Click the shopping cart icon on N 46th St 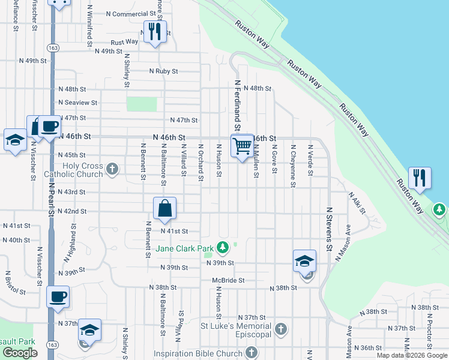242,145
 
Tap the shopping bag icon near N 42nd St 164,209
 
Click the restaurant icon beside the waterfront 420,178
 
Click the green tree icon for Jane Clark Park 223,247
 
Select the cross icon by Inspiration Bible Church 252,353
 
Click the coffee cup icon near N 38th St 58,296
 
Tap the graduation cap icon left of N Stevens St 304,261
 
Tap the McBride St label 228,280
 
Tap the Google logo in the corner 20,353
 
